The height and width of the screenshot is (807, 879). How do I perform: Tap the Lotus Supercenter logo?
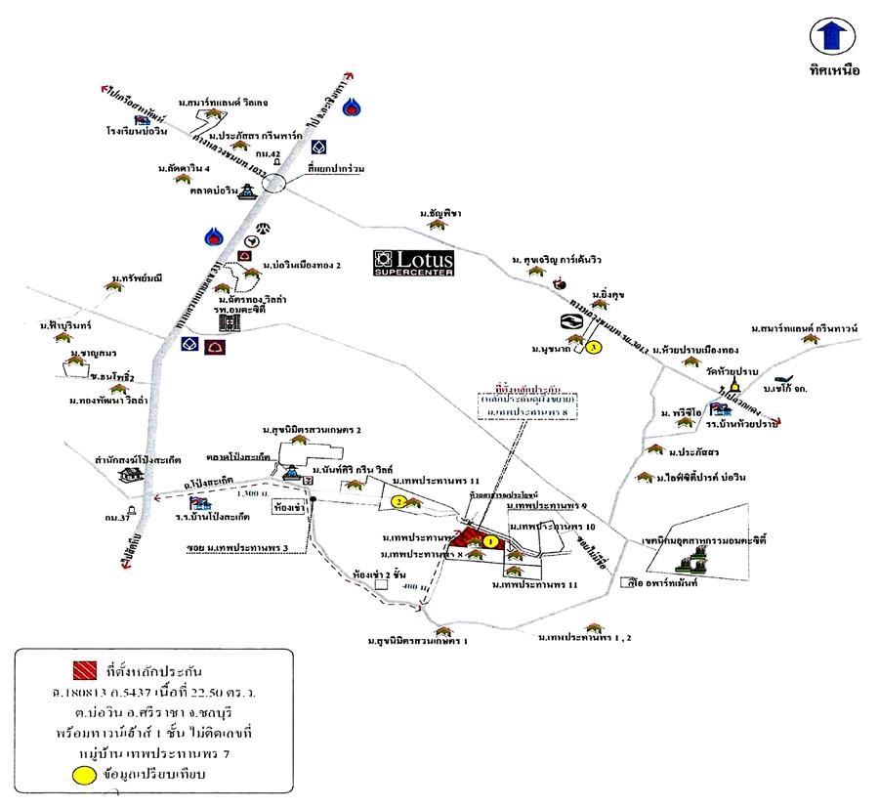coord(415,263)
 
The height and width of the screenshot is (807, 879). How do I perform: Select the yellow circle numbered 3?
coord(592,346)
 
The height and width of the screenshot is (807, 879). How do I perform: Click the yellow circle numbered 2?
coord(398,501)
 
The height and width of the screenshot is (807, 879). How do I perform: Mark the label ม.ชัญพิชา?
coord(440,213)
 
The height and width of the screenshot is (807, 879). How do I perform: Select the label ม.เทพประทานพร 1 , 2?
coord(584,637)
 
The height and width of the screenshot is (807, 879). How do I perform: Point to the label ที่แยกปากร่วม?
coord(335,169)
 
